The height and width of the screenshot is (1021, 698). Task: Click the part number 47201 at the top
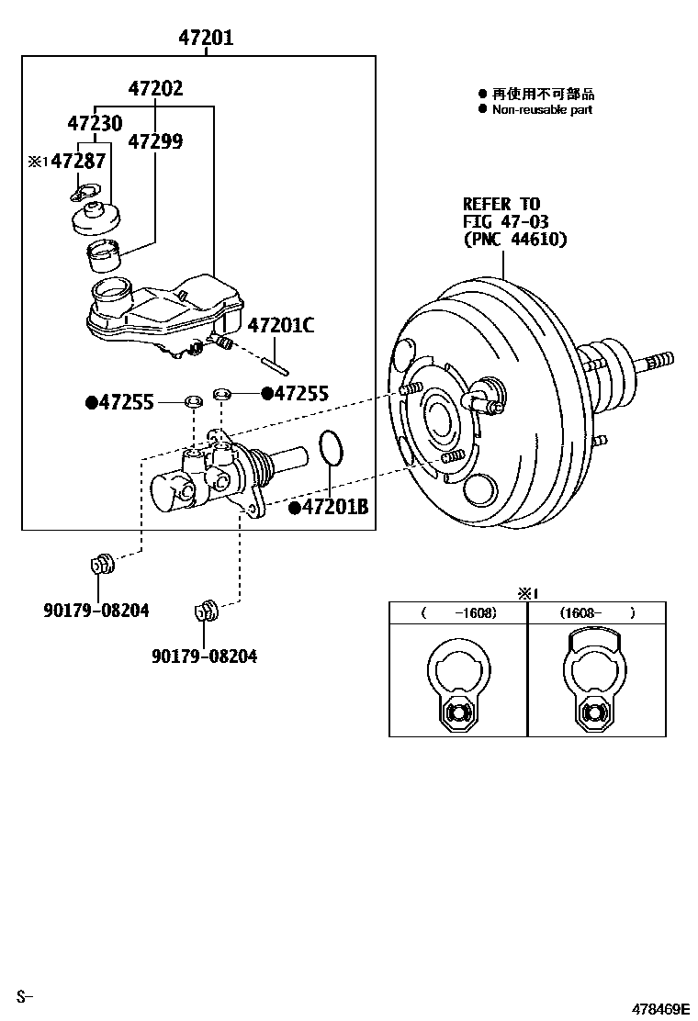[206, 38]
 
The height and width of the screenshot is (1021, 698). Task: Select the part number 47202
[155, 89]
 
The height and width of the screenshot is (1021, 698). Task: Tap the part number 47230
[96, 123]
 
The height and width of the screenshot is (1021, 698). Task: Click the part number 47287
[77, 162]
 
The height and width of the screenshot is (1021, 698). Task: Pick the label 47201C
[281, 325]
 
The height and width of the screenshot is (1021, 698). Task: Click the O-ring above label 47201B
[331, 448]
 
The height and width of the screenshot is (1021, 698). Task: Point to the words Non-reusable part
[542, 110]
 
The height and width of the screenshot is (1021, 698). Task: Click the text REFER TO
[501, 204]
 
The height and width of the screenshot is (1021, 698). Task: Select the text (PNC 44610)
[515, 240]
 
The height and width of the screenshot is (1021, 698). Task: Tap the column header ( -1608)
[458, 612]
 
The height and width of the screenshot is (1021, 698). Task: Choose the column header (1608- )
[597, 612]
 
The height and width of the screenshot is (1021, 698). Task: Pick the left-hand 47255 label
[127, 402]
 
